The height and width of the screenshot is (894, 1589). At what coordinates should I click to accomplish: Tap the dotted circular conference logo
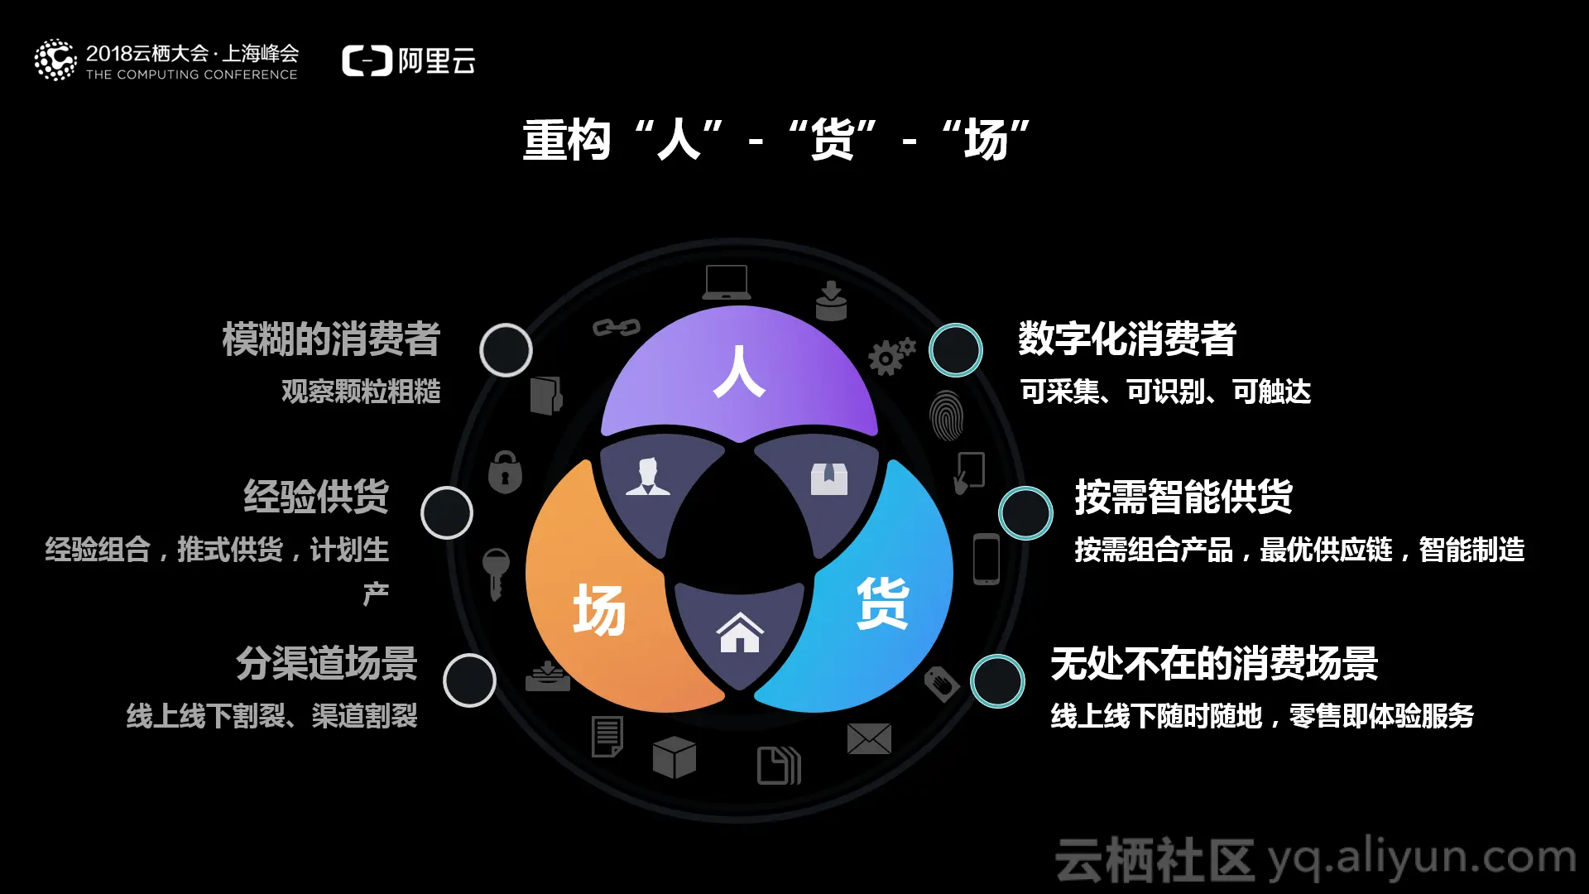coord(55,60)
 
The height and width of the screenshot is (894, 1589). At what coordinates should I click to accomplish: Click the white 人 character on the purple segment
coord(739,372)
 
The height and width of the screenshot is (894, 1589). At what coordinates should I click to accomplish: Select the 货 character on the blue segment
coord(882,603)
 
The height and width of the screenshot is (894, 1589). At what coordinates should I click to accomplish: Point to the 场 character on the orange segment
coord(599,610)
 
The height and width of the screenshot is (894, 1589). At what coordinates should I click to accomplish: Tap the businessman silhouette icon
coord(647,477)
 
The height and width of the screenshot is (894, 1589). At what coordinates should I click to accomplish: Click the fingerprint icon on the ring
coord(946,416)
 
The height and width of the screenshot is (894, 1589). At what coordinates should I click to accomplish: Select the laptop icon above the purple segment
coord(727,282)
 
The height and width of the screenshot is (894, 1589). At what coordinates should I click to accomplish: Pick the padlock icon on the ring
coord(505,473)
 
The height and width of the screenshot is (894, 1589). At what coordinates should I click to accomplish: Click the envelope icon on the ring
coord(869,738)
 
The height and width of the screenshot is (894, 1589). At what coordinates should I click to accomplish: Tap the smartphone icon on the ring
coord(987,560)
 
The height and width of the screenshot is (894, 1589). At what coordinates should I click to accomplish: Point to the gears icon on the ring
coord(891,356)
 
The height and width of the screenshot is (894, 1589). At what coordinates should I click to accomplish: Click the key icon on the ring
coord(496,572)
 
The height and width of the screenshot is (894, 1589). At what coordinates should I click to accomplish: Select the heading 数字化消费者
coord(1127,339)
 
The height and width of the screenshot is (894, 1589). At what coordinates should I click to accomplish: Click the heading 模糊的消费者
coord(331,339)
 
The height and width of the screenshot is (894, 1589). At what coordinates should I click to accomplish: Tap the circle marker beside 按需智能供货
coord(1025,513)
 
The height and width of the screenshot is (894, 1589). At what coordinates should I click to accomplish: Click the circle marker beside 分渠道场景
coord(469,680)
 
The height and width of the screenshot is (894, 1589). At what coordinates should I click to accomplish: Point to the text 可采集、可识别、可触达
coord(1165,392)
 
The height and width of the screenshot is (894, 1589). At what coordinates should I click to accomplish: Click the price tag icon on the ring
coord(942,684)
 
